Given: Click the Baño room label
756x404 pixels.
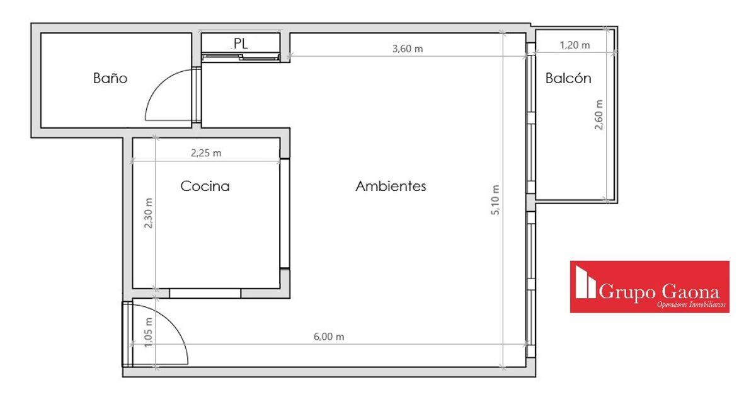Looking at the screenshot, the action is (x=110, y=78).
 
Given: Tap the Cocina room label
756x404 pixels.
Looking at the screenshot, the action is (x=205, y=186).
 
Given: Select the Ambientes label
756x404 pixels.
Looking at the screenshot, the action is (x=391, y=186).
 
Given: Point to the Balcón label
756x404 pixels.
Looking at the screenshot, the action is (x=568, y=78).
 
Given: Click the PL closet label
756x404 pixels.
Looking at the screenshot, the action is (x=241, y=43).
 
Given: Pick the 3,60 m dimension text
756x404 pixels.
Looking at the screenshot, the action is (x=408, y=49).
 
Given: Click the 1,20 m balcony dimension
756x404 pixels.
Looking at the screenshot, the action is (x=575, y=45).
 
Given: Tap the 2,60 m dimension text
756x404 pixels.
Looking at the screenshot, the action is (x=598, y=115).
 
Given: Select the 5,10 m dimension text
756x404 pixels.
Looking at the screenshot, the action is (x=495, y=200).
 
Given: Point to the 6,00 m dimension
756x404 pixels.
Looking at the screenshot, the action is (x=329, y=337).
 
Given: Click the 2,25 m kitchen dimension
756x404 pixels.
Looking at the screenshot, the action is (x=206, y=153).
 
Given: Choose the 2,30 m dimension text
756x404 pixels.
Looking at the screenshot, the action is (x=148, y=213).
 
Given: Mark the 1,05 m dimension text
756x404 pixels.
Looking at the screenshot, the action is (x=148, y=332).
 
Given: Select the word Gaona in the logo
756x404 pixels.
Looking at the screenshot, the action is (x=690, y=292).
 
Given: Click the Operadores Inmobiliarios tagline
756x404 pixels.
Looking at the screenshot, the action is (x=691, y=305).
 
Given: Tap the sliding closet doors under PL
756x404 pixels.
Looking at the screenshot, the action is (x=241, y=57).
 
